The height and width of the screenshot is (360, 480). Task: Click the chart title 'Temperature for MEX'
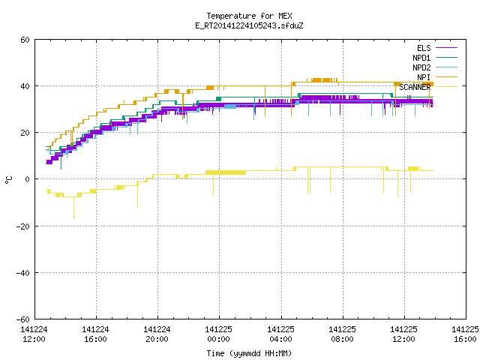tap(249, 16)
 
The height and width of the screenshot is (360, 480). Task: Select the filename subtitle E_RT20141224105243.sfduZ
tap(249, 25)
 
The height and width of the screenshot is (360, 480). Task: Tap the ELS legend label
tap(424, 48)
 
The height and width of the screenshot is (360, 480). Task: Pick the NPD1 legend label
tap(421, 58)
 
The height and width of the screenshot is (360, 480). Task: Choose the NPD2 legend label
tap(421, 67)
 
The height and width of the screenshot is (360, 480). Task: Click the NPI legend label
tap(424, 77)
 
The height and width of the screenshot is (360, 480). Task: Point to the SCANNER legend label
tap(415, 87)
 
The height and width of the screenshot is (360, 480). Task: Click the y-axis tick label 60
tap(25, 40)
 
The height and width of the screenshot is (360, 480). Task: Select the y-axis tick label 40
tap(25, 86)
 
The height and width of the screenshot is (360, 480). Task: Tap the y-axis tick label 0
tap(27, 179)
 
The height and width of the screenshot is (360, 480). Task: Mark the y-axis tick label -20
tap(23, 226)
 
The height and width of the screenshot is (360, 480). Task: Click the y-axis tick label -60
tap(23, 319)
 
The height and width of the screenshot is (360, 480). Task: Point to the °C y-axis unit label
tap(8, 180)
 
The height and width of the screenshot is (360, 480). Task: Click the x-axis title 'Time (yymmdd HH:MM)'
tap(249, 353)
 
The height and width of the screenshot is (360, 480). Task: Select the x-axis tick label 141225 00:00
tap(218, 334)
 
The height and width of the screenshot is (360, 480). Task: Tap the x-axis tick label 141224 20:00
tap(157, 334)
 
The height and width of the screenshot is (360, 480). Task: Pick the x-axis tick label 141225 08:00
tap(342, 334)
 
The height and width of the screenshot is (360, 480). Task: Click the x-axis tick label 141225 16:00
tap(465, 334)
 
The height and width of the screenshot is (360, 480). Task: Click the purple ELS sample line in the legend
tap(446, 48)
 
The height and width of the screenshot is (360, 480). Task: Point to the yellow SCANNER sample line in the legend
tap(446, 87)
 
